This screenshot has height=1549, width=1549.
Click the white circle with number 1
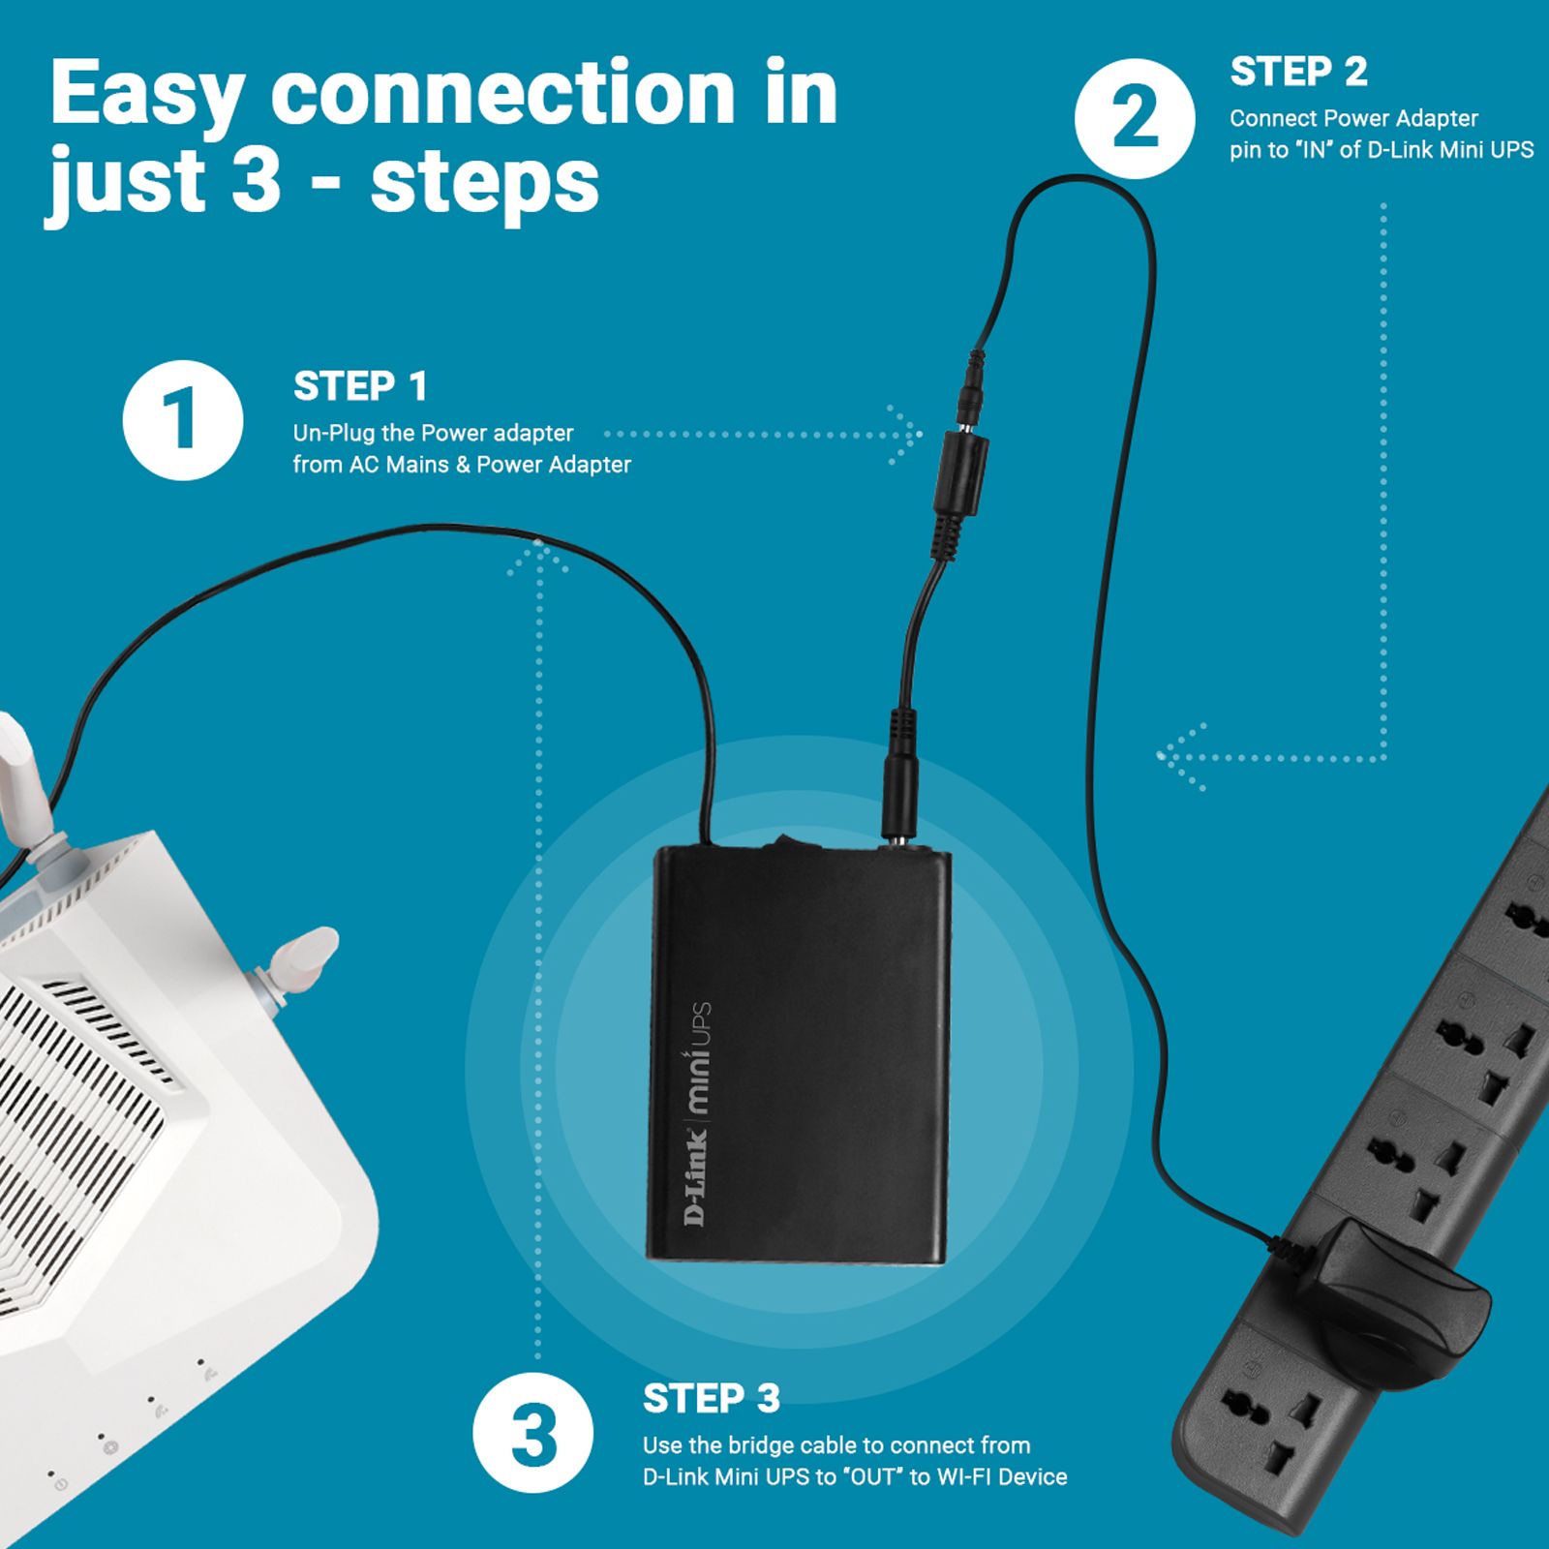pos(182,420)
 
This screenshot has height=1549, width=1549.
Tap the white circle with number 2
pos(1134,118)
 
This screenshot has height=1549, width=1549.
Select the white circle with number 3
pos(532,1432)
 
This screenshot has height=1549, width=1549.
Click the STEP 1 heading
pos(360,386)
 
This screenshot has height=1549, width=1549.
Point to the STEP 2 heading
pos(1298,72)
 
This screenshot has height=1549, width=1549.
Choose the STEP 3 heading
pos(711,1398)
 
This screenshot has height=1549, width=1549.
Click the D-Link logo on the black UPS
pos(696,1175)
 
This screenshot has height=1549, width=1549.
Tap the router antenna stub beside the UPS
pos(300,957)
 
